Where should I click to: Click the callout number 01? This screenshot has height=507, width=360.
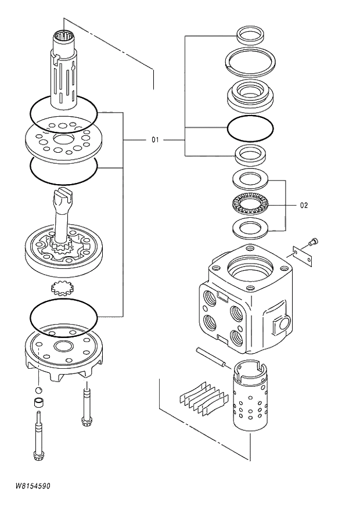(154, 140)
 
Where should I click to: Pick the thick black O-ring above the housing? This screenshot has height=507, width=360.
(250, 129)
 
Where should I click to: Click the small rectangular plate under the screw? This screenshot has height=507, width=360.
(303, 254)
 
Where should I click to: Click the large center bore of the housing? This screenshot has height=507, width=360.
(249, 268)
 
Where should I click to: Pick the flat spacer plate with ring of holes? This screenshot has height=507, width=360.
(62, 139)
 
